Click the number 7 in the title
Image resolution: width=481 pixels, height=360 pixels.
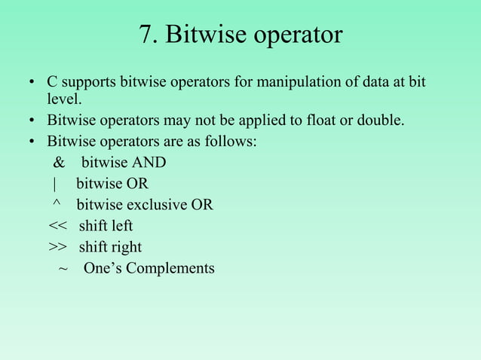(146, 35)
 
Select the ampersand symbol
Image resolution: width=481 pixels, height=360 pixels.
(59, 163)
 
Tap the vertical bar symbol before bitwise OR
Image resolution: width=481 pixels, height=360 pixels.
(55, 184)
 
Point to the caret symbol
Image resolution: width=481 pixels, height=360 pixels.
(57, 204)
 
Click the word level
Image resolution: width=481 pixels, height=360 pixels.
(63, 99)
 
